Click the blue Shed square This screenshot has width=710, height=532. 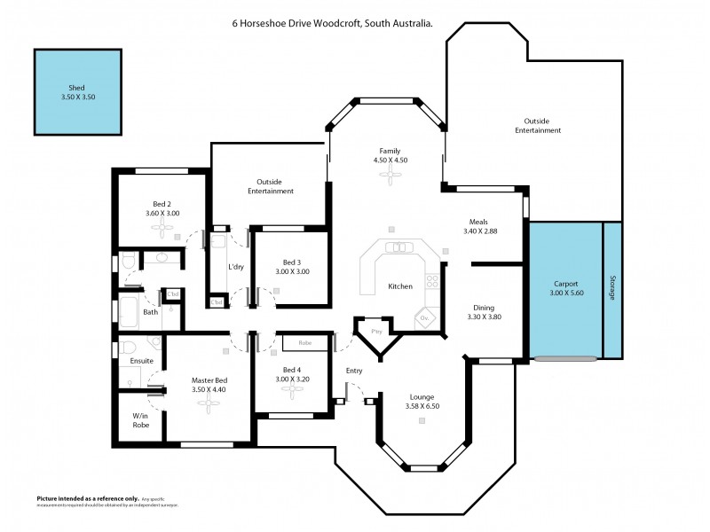[x=78, y=92]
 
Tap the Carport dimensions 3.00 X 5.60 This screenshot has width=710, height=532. [x=565, y=293]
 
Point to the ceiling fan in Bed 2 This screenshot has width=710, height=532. [x=162, y=228]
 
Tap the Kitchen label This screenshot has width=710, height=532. [x=400, y=286]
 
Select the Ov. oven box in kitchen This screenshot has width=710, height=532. [x=424, y=317]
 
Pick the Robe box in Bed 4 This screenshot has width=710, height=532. [x=304, y=341]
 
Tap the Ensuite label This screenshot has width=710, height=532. [x=142, y=361]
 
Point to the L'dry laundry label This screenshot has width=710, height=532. [x=236, y=267]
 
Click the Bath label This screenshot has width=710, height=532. [x=151, y=311]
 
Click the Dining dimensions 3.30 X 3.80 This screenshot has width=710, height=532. [x=484, y=317]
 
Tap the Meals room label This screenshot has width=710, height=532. [x=478, y=223]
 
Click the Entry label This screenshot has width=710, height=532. [x=353, y=371]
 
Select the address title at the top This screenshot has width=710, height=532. [x=327, y=25]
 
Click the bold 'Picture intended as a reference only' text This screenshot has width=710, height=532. [x=87, y=498]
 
